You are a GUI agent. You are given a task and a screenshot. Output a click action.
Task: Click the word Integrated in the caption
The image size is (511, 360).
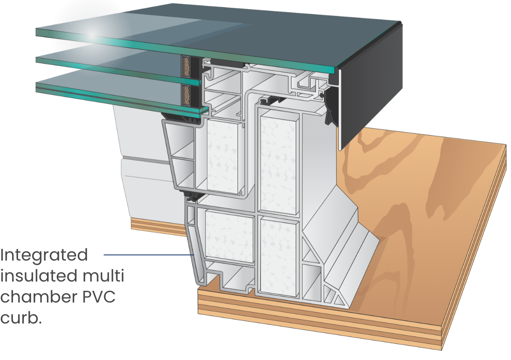coord(44,255)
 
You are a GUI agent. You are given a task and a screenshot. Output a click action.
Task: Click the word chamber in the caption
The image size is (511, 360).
coord(36,297)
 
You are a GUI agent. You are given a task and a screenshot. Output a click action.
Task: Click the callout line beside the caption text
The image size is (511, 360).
coord(147,254)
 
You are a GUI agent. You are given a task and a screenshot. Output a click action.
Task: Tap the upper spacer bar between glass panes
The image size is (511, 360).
coord(186,66)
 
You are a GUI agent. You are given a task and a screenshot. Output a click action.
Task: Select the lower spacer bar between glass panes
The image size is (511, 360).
coord(186,94)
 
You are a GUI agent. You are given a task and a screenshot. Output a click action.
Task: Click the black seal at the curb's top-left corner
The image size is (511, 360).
coord(191,194)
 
